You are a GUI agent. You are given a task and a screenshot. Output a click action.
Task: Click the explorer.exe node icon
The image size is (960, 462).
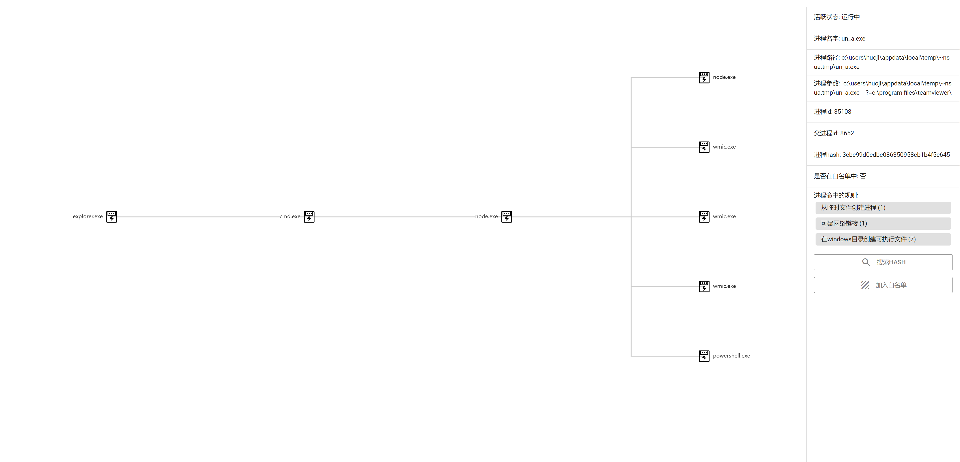tap(111, 217)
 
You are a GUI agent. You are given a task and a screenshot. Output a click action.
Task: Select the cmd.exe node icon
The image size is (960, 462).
tap(309, 217)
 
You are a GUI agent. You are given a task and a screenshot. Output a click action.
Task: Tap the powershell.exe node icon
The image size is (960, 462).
tap(704, 356)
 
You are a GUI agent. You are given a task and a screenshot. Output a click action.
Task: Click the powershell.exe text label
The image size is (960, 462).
tap(731, 356)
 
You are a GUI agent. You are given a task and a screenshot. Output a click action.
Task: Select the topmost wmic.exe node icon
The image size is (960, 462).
tap(704, 147)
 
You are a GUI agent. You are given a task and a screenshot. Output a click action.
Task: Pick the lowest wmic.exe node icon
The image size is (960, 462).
tap(704, 286)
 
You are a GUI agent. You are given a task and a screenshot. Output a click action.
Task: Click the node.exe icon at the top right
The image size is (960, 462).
tap(704, 78)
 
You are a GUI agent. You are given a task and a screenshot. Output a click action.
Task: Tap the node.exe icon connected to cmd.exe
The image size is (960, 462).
tap(506, 217)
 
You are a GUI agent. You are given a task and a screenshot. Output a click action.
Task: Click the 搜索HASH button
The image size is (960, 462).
tap(883, 262)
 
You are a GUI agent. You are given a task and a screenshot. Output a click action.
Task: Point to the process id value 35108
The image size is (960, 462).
tap(842, 111)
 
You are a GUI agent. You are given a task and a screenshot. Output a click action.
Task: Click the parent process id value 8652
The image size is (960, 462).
tap(847, 133)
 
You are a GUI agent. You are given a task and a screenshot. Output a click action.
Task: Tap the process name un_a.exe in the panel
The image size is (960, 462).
tap(853, 38)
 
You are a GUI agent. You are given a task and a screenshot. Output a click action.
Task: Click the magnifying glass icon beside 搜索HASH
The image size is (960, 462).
tap(866, 262)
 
